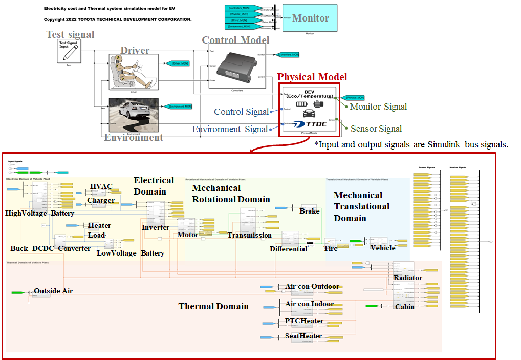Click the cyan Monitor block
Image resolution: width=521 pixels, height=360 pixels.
(x=310, y=18)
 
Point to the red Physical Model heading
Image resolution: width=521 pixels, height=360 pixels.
(x=312, y=77)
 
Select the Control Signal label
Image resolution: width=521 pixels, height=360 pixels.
(x=241, y=112)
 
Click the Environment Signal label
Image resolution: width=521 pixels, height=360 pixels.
(x=230, y=129)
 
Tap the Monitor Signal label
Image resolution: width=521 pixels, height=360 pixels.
(x=378, y=107)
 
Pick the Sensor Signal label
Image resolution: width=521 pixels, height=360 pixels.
(x=376, y=129)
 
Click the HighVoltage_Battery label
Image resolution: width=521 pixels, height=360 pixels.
(x=39, y=213)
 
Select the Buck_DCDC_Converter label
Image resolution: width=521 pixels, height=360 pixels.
(x=50, y=249)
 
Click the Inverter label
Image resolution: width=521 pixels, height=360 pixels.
(x=155, y=227)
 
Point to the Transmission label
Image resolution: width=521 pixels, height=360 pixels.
(x=249, y=235)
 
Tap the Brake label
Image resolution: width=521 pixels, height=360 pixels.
(x=309, y=211)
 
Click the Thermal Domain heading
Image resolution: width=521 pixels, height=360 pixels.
(x=213, y=306)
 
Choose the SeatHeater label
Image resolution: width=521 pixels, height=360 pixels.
(x=303, y=336)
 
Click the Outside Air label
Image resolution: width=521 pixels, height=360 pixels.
(x=53, y=291)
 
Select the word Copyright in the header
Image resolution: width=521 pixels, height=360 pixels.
(x=55, y=19)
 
